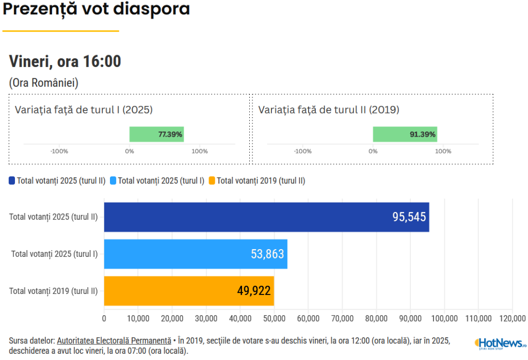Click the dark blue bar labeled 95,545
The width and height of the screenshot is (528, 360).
coord(266,217)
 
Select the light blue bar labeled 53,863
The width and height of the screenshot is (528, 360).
coord(196,254)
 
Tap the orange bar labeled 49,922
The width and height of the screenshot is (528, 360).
coord(189,291)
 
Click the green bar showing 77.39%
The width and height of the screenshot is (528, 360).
coord(156,134)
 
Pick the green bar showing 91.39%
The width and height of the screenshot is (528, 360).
coord(405,134)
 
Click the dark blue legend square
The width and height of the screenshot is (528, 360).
coord(12,181)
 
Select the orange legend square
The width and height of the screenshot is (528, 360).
coord(212,181)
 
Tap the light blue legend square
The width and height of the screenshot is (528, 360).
coord(113,181)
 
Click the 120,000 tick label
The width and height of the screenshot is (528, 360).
coord(512,318)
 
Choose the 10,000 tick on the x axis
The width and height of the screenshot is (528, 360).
coord(138,318)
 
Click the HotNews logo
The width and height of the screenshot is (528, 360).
coord(500,343)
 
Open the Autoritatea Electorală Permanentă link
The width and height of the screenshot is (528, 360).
coord(114,340)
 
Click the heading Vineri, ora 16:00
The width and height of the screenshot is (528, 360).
coord(65,61)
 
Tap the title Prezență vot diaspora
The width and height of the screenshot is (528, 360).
coord(97,9)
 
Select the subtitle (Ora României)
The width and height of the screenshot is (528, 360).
coord(44,83)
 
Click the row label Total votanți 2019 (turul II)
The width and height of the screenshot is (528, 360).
coord(53,291)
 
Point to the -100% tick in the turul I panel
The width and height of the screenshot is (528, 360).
coord(59,151)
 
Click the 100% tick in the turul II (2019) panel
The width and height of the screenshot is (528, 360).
coord(443,151)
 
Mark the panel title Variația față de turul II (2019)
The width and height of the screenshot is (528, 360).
coord(329,110)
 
